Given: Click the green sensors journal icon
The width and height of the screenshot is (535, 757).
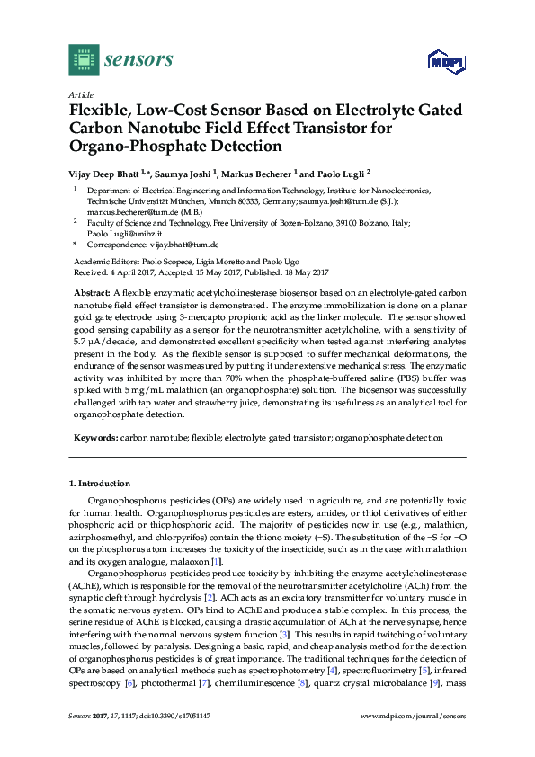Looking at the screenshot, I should [84, 59].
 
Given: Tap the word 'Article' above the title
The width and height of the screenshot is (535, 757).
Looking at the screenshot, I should [80, 94].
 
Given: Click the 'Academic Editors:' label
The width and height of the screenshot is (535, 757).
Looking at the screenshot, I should [103, 262].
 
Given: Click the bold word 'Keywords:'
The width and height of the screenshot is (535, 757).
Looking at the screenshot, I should [94, 438].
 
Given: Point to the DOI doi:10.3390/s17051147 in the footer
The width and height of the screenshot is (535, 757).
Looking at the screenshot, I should [177, 740].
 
